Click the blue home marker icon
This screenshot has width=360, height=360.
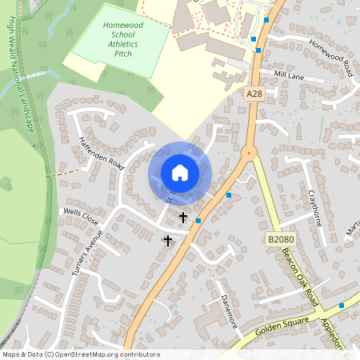(x=180, y=173)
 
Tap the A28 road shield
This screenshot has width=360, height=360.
(x=254, y=94)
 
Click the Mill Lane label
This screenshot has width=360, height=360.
(x=289, y=74)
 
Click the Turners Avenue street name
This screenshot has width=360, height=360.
(x=87, y=253)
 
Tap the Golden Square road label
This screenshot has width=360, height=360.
(x=282, y=326)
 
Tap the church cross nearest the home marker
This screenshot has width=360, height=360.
(x=182, y=217)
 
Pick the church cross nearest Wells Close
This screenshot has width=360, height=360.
(x=168, y=239)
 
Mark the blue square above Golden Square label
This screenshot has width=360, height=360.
(x=342, y=305)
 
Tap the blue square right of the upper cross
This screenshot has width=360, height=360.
(x=198, y=220)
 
